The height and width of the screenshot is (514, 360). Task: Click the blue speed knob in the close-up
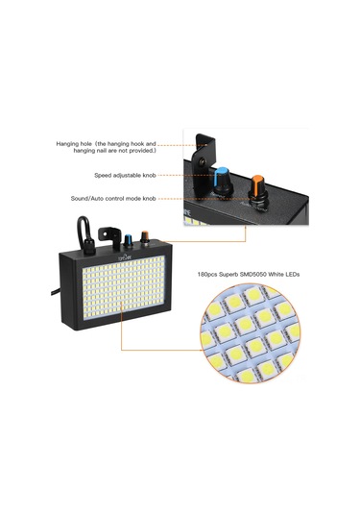(223, 180)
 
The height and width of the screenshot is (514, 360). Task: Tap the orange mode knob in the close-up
(256, 186)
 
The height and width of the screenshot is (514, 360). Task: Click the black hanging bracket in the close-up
(203, 150)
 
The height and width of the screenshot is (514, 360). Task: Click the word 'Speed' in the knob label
(103, 176)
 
